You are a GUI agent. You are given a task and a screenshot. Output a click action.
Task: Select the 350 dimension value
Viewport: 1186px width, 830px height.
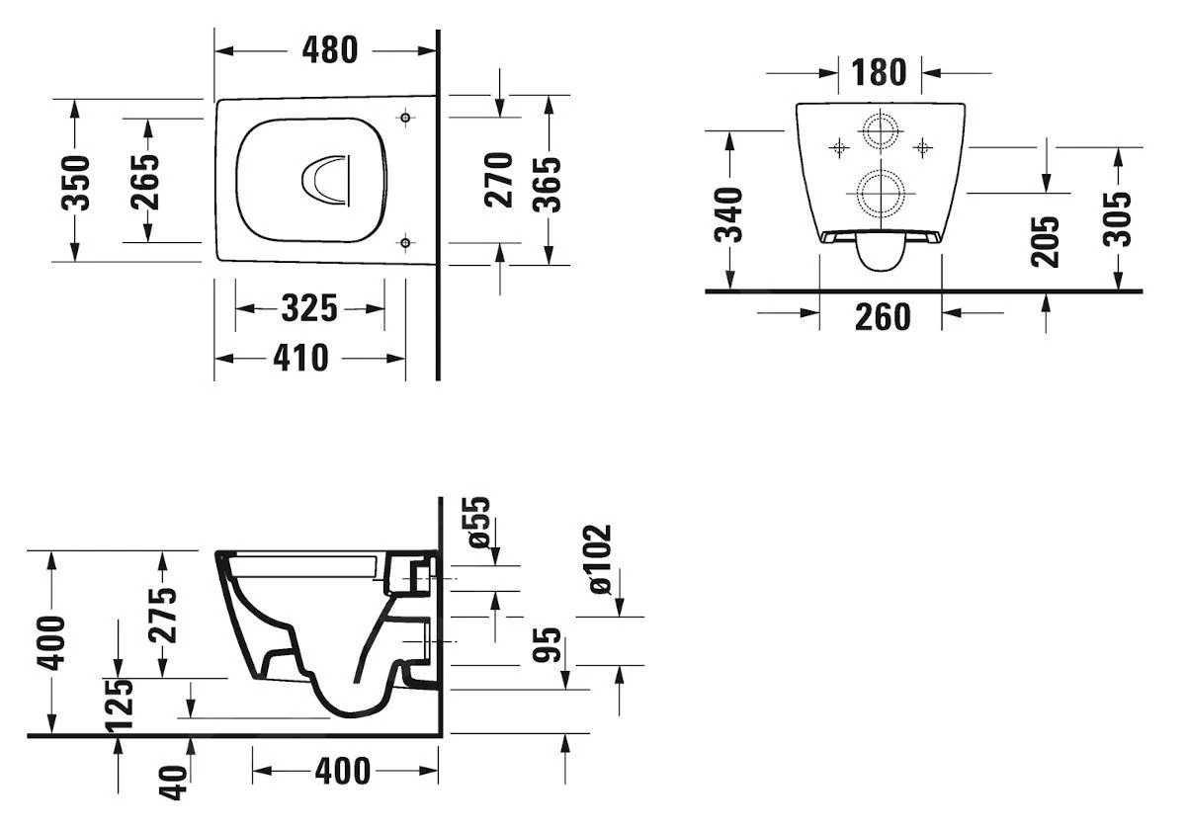point(76,181)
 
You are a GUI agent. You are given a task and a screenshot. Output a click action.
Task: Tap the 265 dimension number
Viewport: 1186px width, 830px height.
point(145,180)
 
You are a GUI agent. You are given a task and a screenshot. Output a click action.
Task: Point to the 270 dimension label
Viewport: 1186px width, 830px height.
point(501,179)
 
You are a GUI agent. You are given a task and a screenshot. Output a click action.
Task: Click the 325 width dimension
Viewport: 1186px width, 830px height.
point(309,309)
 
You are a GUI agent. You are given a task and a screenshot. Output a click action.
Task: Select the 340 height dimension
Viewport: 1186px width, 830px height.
point(730,213)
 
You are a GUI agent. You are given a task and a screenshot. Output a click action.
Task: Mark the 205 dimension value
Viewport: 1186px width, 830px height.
point(1046,241)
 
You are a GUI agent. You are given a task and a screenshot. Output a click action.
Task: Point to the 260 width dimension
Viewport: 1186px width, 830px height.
point(882,317)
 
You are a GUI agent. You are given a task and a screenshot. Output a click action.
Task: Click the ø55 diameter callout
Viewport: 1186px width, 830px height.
point(479,523)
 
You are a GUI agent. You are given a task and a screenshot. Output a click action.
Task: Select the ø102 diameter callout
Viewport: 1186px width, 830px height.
point(599,559)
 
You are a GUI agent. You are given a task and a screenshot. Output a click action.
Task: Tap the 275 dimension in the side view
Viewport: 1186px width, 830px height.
point(164,614)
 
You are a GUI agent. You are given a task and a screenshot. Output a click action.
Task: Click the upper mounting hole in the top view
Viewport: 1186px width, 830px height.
point(405,119)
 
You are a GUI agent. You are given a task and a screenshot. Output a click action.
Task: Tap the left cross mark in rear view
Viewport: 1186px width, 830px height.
point(838,148)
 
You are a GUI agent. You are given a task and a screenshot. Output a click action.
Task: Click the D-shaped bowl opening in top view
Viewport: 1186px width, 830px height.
point(326,182)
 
